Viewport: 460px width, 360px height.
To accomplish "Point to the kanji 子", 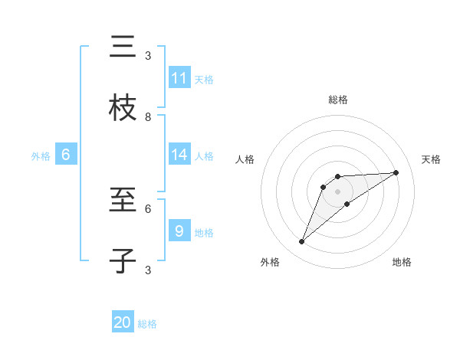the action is coord(123,260).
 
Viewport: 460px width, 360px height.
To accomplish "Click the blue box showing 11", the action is coord(179,77).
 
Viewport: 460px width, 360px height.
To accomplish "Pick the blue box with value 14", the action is coord(179,154).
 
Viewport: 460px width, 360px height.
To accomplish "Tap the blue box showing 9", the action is coord(179,231).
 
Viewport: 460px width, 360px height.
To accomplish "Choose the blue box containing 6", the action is coord(66,155).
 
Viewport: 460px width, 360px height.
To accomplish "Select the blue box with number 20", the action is coord(123,322).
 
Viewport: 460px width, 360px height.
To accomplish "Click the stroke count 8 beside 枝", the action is coord(148,116).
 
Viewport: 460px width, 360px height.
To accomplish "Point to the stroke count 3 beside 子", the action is coord(148,270).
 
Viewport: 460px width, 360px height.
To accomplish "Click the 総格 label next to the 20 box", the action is coord(147,324).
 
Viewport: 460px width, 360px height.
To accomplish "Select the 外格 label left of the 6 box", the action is coord(41,156).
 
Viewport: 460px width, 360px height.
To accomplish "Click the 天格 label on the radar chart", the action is coord(431,159).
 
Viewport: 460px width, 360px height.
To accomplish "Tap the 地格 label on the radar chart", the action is coord(402,263).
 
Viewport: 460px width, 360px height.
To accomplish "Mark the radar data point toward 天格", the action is coord(396,172).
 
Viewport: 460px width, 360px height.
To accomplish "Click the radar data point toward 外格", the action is coord(301,242).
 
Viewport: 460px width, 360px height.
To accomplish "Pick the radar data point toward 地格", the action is coord(347,203).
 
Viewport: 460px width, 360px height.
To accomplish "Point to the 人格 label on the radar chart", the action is coord(245,159).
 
